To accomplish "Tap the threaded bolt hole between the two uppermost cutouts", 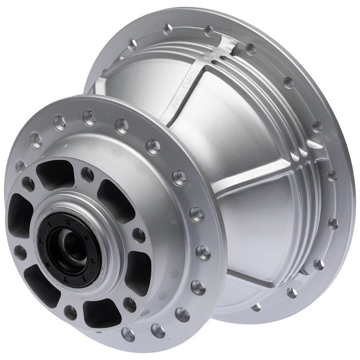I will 87,175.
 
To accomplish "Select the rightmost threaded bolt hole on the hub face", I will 139,235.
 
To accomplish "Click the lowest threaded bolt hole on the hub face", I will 70,312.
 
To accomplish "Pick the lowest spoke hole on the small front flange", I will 128,334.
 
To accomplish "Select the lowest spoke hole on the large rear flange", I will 256,307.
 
